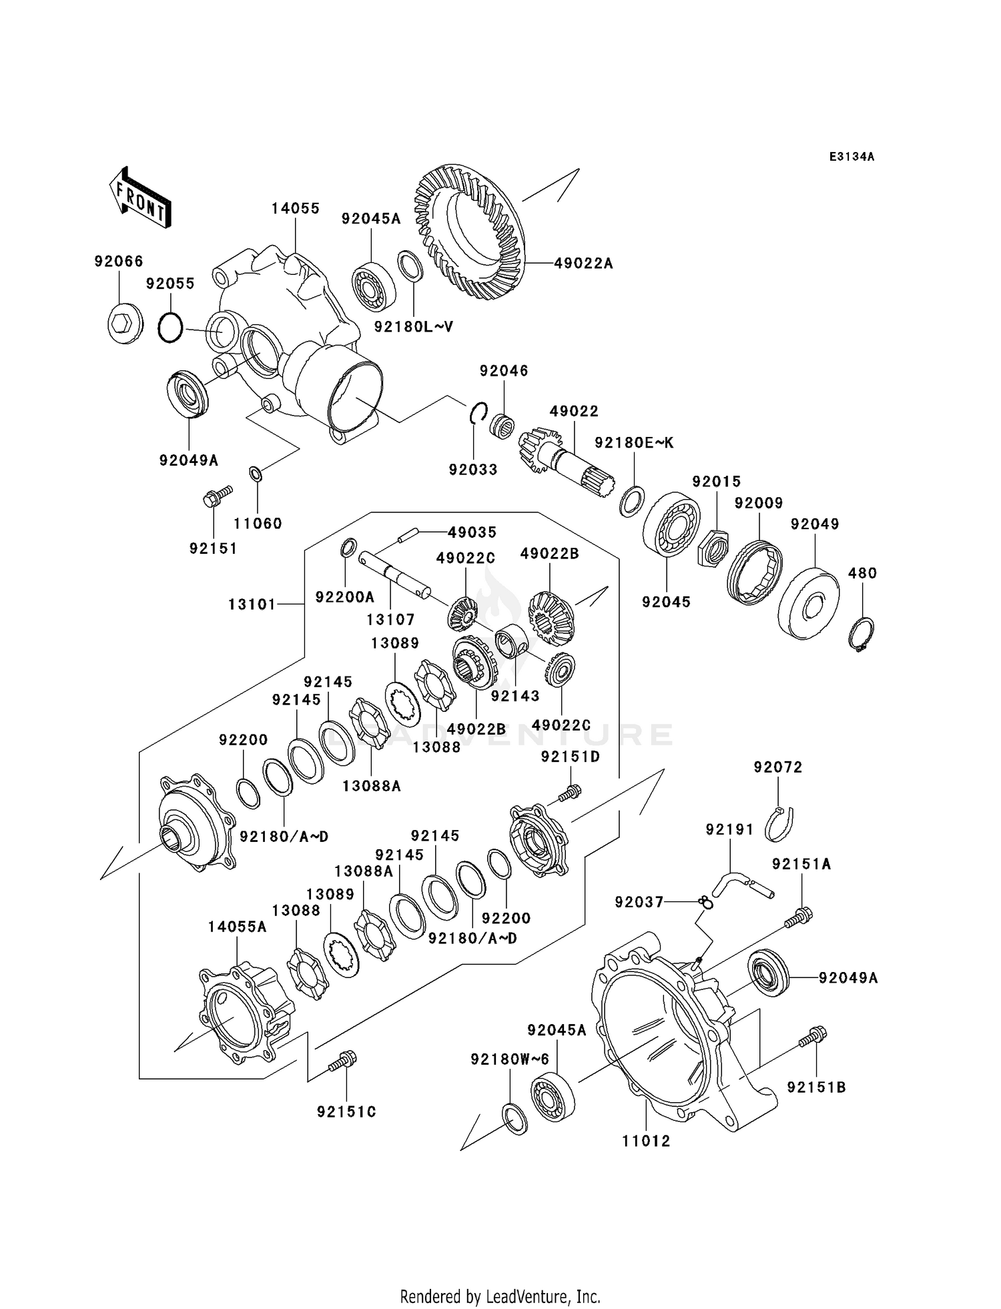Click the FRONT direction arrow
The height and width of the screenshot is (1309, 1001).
click(x=140, y=199)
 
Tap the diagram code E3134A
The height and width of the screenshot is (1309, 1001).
click(x=852, y=157)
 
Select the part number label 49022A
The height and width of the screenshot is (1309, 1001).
click(x=583, y=264)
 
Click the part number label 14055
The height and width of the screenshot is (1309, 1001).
click(x=295, y=208)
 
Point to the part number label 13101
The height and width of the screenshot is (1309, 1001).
click(x=252, y=604)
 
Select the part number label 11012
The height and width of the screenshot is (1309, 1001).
click(x=646, y=1141)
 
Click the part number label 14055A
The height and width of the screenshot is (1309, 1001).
click(x=237, y=927)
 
